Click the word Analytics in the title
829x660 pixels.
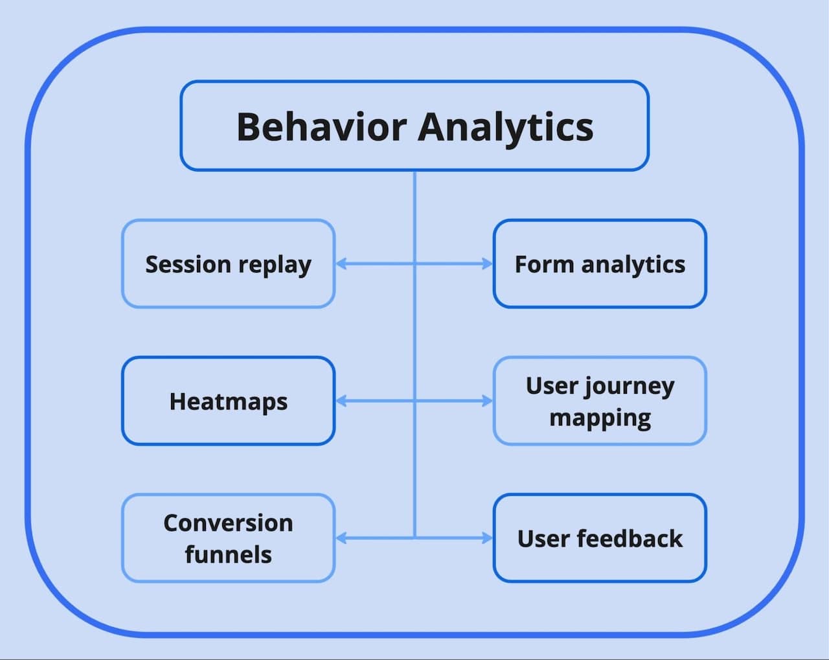click(x=505, y=128)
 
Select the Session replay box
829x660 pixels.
click(x=228, y=264)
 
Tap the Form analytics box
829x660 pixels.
click(x=600, y=264)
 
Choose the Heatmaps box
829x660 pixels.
click(x=228, y=401)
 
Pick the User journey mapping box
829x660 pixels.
click(x=600, y=401)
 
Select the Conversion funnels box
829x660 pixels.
click(x=228, y=538)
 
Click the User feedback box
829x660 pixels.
click(x=600, y=538)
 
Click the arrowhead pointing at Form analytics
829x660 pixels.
click(x=487, y=264)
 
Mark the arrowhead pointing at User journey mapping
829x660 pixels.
click(x=487, y=401)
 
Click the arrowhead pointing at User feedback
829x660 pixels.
click(x=487, y=538)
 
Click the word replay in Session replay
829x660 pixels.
click(x=275, y=266)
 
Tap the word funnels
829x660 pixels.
click(x=228, y=554)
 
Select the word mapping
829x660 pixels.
click(x=600, y=418)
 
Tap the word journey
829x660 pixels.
click(x=628, y=387)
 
